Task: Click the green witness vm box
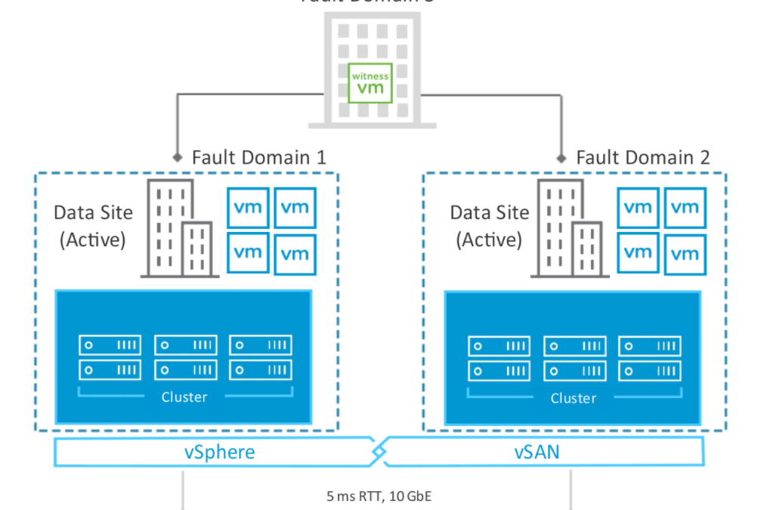[370, 82]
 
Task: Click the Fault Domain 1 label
[259, 157]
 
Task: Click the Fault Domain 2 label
[643, 157]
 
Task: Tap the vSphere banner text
[220, 453]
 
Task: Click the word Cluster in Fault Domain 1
[184, 397]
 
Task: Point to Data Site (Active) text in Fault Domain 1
[93, 225]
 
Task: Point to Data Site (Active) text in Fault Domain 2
[490, 225]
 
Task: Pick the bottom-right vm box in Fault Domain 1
[295, 254]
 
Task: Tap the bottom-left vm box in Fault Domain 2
[638, 252]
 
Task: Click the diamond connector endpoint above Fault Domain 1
[177, 158]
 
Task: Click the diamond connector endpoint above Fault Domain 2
[561, 158]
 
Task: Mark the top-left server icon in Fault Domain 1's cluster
[110, 345]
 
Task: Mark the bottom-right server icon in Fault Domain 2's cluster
[649, 371]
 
